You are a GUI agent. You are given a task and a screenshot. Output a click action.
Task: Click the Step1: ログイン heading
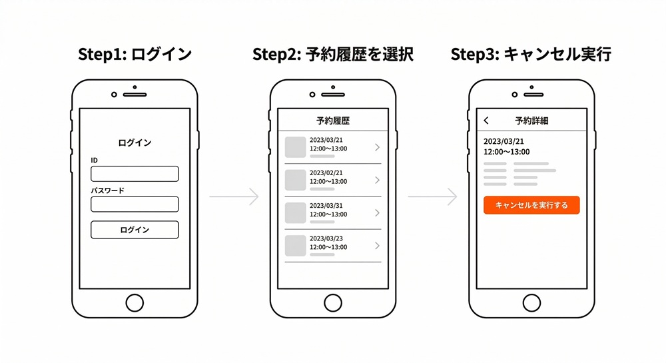[x=135, y=55]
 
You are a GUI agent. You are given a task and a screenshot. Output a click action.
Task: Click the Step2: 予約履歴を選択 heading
[x=333, y=55]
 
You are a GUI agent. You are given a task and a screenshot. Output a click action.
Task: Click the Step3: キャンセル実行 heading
[x=531, y=55]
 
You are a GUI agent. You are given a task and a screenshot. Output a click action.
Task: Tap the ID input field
[x=135, y=174]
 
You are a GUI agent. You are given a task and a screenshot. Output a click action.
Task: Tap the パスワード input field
[x=135, y=204]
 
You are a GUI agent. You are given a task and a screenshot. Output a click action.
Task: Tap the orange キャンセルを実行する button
[x=531, y=205]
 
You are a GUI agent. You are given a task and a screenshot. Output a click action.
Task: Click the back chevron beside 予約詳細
[x=486, y=121]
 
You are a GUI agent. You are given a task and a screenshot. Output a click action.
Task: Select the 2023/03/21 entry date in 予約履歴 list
[x=326, y=140]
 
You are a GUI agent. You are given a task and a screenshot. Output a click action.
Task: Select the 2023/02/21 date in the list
[x=326, y=173]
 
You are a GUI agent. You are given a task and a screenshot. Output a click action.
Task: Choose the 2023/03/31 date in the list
[x=326, y=206]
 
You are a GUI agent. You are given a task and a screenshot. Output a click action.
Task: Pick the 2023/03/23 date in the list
[x=326, y=238]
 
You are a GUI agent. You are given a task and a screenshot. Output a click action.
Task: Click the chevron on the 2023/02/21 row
[x=377, y=180]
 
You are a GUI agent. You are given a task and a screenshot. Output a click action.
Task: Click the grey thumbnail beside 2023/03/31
[x=295, y=212]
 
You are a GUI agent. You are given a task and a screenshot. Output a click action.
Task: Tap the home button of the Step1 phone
[x=135, y=302]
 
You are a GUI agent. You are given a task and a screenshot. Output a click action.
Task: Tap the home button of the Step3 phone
[x=531, y=302]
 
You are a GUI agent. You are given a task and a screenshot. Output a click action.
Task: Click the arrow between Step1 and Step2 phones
[x=234, y=196]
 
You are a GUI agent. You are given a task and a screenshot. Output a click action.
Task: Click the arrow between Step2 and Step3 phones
[x=432, y=196]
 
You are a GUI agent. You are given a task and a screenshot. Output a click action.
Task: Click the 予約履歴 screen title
[x=333, y=121]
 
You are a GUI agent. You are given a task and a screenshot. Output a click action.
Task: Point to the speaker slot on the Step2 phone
[x=333, y=95]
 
